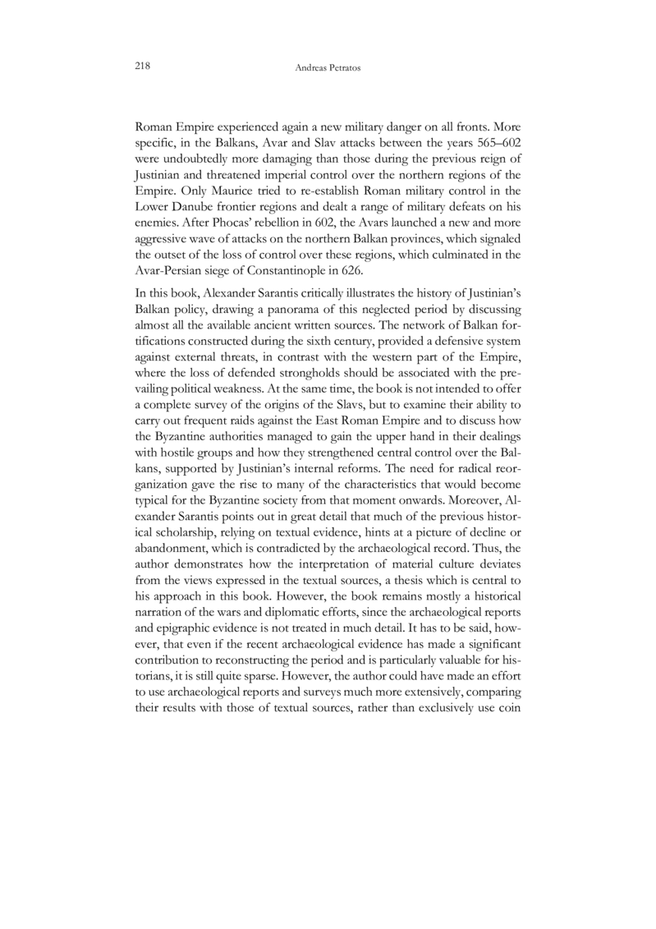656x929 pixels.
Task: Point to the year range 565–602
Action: [501, 142]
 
